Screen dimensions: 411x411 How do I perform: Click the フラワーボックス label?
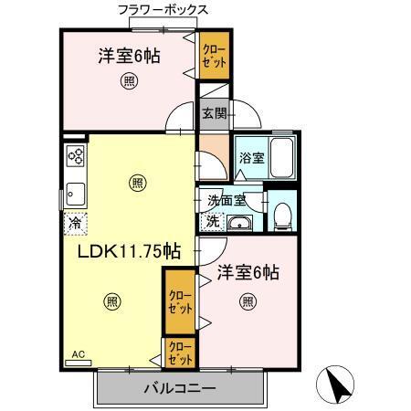coord(163,10)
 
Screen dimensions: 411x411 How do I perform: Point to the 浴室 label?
coord(251,157)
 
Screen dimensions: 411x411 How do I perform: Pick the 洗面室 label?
coord(225,200)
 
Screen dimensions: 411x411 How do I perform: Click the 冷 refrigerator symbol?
coord(72,220)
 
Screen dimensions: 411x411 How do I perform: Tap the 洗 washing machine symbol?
coord(211,220)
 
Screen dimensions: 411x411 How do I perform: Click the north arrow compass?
coord(339,384)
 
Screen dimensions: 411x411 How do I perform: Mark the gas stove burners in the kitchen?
coord(75,157)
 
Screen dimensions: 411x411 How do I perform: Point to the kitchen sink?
coord(74,195)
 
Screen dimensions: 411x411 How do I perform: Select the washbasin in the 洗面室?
coord(241,225)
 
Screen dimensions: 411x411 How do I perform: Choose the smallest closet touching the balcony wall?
coord(179,352)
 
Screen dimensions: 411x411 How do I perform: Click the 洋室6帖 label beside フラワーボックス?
coord(130,56)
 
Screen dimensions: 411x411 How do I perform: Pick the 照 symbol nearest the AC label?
coord(111,302)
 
